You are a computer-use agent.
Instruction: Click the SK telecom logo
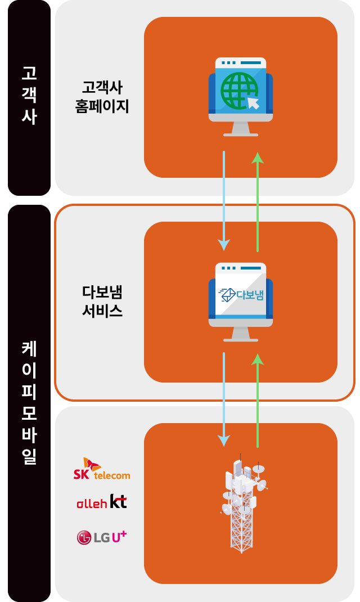click(x=102, y=469)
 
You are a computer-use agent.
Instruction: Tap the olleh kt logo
click(x=102, y=502)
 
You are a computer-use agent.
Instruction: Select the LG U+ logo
click(x=102, y=537)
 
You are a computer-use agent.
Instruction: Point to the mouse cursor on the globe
click(x=253, y=102)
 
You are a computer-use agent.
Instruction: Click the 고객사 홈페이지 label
click(x=102, y=97)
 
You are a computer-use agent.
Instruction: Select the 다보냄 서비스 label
click(x=102, y=302)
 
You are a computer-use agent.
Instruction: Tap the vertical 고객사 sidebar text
click(x=29, y=96)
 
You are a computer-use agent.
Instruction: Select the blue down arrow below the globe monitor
click(x=224, y=200)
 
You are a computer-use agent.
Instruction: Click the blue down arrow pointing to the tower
click(x=224, y=399)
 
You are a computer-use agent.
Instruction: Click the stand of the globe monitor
click(x=241, y=130)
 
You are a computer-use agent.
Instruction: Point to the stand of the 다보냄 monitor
click(x=241, y=335)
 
